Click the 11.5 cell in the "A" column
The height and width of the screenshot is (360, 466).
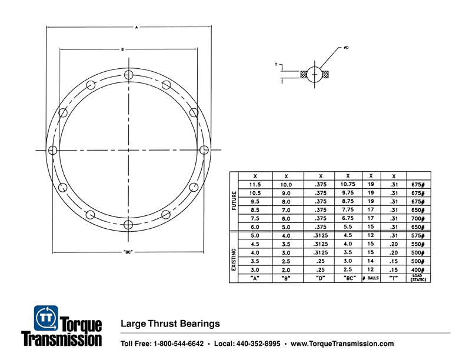coord(255,184)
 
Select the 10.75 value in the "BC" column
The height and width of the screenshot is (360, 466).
coord(348,184)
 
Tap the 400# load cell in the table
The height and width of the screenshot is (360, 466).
coord(418,269)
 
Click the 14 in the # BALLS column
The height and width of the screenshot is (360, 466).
coord(371,261)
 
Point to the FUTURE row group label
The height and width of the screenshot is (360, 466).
coord(234,201)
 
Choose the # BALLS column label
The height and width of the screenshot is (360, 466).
coord(371,278)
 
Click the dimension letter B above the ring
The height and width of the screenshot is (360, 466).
coord(122,49)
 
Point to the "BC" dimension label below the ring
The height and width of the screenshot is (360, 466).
coord(128,253)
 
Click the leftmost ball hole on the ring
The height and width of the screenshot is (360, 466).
coord(53,149)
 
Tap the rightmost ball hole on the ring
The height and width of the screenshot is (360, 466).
coord(203,149)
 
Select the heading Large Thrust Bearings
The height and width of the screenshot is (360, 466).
coord(170,323)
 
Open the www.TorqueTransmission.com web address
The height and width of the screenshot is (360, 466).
coord(342,344)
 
